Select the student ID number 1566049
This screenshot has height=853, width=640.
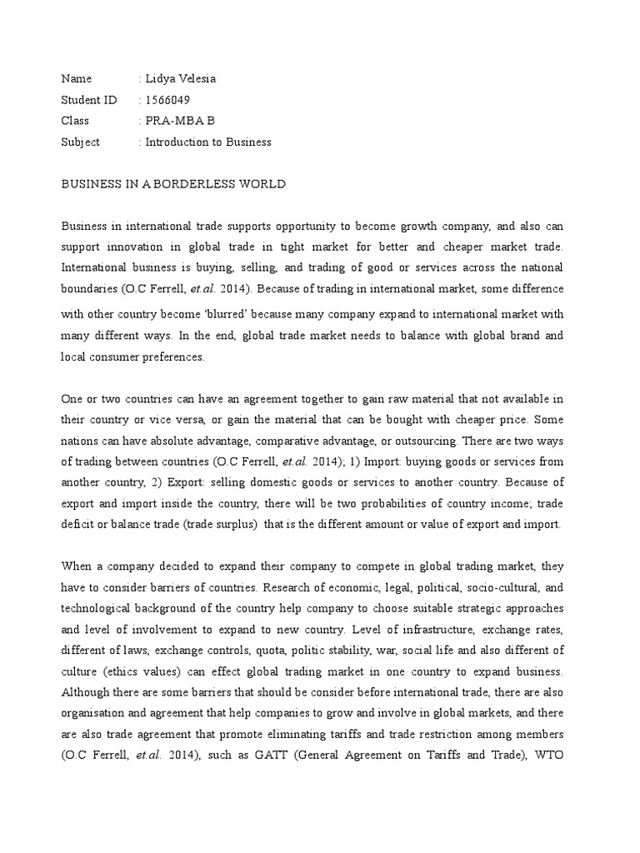click(167, 100)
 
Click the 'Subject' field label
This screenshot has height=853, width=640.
click(80, 142)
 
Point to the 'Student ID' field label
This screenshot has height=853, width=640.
click(89, 100)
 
